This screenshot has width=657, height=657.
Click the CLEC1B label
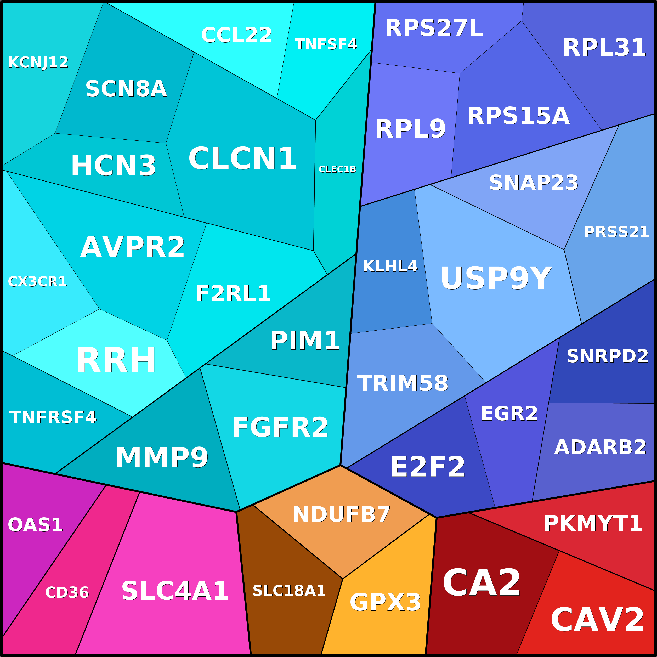(x=337, y=169)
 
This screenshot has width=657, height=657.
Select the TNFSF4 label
(x=326, y=44)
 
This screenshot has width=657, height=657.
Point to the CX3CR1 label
(x=37, y=282)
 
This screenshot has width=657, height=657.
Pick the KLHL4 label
(x=390, y=266)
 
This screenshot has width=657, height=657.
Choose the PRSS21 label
(x=616, y=232)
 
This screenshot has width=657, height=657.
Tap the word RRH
(x=116, y=360)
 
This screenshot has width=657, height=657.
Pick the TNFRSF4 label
(x=53, y=417)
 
